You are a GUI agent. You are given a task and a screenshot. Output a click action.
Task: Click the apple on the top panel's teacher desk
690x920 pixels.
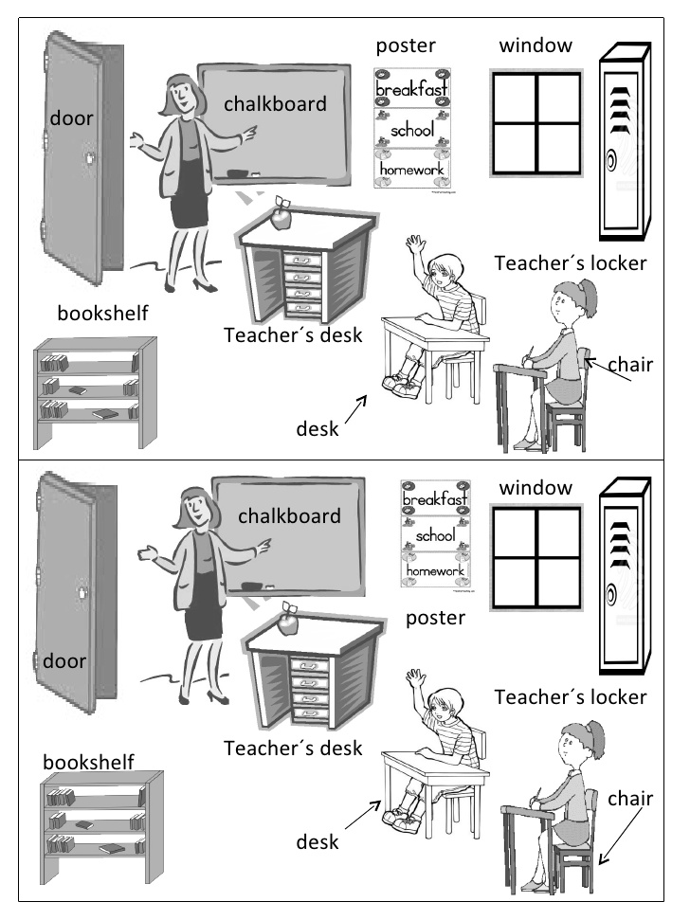[x=281, y=217]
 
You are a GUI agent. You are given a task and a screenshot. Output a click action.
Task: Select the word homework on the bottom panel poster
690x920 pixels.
[x=435, y=571]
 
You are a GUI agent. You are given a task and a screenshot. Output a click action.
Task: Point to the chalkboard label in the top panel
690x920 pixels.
[x=275, y=103]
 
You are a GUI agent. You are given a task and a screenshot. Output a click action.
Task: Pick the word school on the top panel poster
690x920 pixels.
[x=410, y=130]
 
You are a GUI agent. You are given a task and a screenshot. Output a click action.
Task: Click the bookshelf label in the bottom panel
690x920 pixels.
[x=88, y=761]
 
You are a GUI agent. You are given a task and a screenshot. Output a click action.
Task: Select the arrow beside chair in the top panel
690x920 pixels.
[x=608, y=370]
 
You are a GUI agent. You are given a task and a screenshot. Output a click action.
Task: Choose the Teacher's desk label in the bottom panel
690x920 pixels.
[x=293, y=749]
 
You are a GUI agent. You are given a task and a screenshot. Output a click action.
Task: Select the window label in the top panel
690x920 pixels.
[x=536, y=45]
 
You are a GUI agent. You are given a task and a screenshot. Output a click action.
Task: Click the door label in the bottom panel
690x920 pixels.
[x=64, y=660]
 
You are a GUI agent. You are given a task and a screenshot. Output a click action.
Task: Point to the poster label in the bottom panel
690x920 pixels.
[x=435, y=619]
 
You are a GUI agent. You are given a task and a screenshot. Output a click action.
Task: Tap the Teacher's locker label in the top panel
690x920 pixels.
[x=571, y=263]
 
